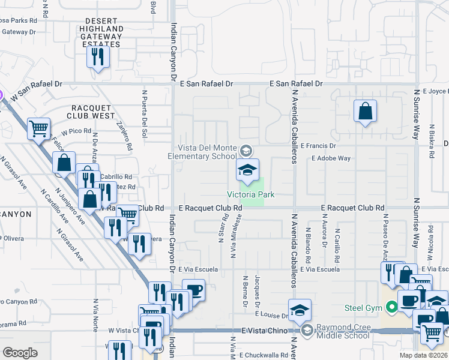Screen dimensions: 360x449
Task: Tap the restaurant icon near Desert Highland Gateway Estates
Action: click(97, 57)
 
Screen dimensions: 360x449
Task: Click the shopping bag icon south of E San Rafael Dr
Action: click(365, 111)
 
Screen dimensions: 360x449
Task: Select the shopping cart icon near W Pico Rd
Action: click(39, 127)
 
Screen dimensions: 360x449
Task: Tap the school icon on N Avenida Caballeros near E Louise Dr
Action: click(300, 310)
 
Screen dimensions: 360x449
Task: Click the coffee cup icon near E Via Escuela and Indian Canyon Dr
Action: click(193, 291)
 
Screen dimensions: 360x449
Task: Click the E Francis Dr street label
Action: click(327, 146)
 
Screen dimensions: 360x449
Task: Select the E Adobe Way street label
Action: click(331, 158)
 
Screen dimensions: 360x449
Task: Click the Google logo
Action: click(20, 353)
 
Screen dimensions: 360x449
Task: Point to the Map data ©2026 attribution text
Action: click(424, 355)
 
